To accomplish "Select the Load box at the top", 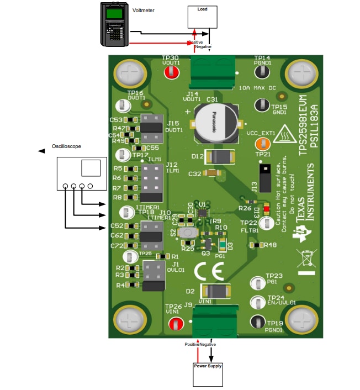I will coord(202,17).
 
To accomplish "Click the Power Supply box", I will coord(208,374).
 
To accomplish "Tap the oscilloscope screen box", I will coord(91,168).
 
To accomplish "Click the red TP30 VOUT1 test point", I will coord(171,71).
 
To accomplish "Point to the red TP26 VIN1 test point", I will coord(174,324).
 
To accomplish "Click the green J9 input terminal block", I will coord(214,323).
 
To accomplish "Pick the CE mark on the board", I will coord(208,271).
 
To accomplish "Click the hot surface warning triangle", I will coord(285,134).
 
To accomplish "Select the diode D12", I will coord(220,157).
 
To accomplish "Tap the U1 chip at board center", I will coord(203,212).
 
